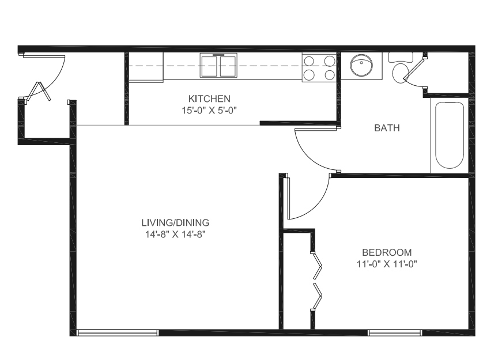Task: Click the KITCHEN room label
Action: (x=209, y=98)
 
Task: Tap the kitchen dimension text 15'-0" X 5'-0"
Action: (x=209, y=111)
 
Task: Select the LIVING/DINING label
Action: (x=175, y=222)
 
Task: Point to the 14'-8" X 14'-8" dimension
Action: (x=175, y=234)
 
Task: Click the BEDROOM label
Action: (x=387, y=252)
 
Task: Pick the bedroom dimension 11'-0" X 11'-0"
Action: (x=387, y=264)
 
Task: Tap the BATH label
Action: (x=387, y=128)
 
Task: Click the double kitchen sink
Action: (x=218, y=65)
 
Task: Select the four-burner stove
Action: (x=319, y=67)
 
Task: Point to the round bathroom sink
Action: (x=361, y=65)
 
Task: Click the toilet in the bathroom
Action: (x=400, y=68)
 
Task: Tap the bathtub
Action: (x=450, y=135)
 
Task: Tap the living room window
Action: (x=118, y=333)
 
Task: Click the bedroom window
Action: (x=395, y=333)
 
